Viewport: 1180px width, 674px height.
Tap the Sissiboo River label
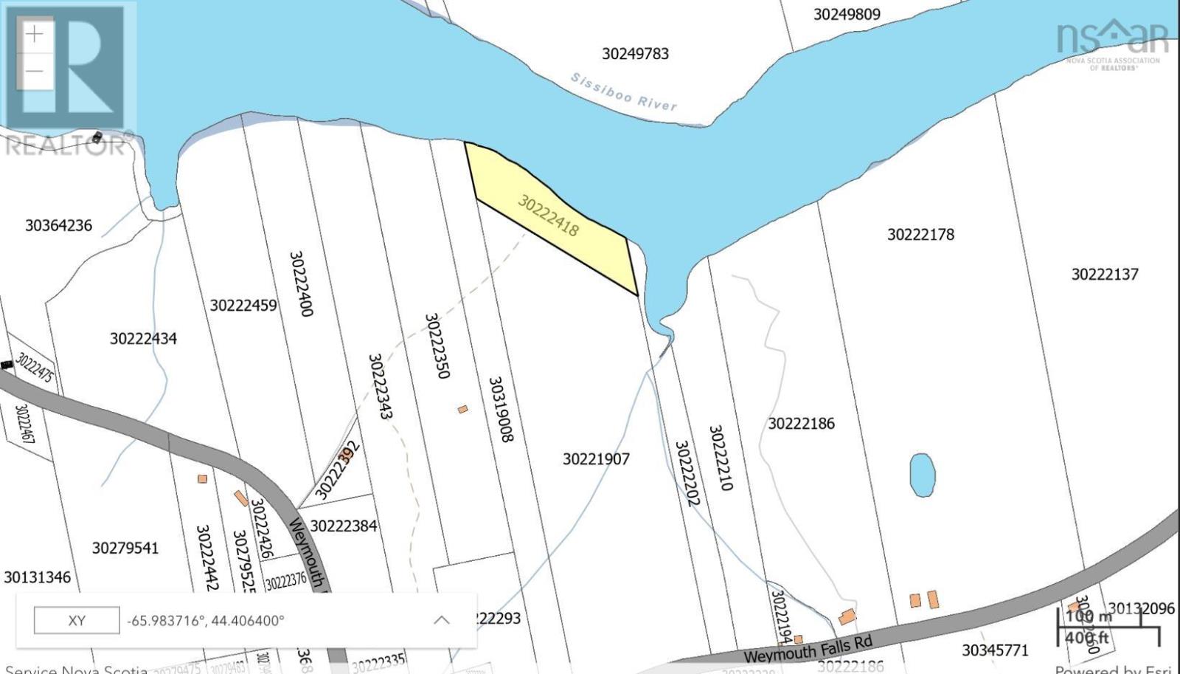tap(624, 92)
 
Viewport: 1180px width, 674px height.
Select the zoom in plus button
tap(35, 34)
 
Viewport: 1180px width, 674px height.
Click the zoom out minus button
tap(35, 72)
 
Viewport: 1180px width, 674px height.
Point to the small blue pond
tap(922, 474)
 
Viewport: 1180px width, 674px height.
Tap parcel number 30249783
tap(635, 53)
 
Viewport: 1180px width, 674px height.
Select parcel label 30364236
tap(58, 225)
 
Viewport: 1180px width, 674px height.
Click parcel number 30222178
tap(920, 234)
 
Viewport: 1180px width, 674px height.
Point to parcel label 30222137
tap(1104, 274)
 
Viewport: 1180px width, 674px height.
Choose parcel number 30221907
tap(596, 458)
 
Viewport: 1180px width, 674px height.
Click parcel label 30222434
tap(143, 338)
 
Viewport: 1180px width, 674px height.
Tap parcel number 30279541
tap(125, 548)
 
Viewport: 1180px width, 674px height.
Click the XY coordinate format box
tap(77, 620)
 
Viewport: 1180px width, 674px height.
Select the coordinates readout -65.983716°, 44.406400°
tap(206, 620)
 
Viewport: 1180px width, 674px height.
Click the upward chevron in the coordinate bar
tap(441, 620)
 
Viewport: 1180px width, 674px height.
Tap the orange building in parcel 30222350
tap(462, 408)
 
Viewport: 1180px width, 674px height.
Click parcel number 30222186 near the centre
tap(801, 423)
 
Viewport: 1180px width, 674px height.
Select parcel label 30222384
tap(343, 526)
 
